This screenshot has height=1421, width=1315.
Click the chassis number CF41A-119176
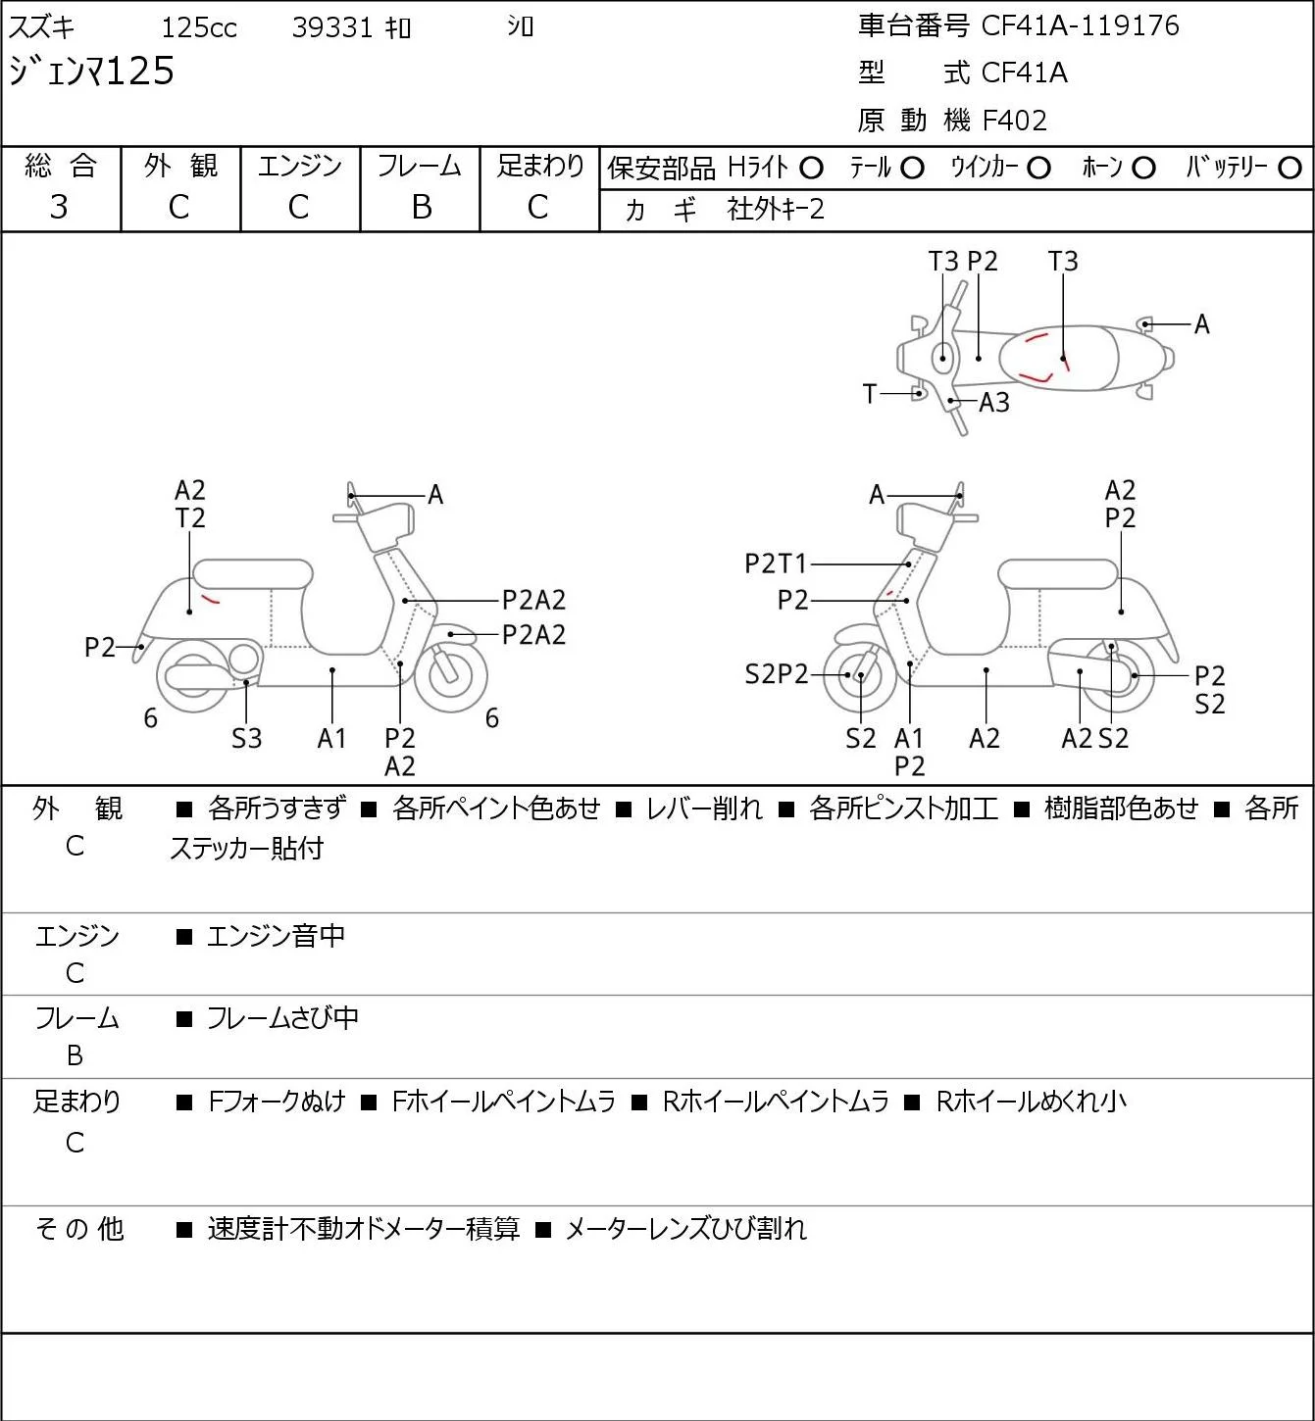pos(1080,25)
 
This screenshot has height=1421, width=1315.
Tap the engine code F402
pos(1015,121)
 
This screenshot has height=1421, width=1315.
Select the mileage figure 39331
pos(332,27)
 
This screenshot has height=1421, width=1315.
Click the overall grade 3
pos(59,208)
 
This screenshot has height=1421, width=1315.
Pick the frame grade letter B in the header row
pos(421,208)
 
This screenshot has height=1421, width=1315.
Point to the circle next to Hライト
pos(811,169)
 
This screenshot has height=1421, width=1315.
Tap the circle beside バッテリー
pos(1290,169)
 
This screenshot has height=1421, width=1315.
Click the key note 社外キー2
pos(776,210)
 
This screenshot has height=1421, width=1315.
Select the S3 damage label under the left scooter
pos(246,738)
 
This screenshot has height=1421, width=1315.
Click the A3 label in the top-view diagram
pos(994,403)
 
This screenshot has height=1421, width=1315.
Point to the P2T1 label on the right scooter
pos(776,563)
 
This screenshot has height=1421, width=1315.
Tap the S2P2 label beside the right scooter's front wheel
pos(777,674)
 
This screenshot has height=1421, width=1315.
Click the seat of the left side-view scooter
pos(253,574)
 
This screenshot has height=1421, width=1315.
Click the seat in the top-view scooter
pos(1058,358)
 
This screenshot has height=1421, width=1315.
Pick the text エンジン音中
pos(277,936)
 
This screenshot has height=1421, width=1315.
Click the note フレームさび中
pos(282,1018)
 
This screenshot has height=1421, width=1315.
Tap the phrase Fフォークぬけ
pos(277,1102)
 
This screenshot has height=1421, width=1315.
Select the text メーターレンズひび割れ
pos(686,1229)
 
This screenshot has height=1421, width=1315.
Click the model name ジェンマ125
pos(91,72)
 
